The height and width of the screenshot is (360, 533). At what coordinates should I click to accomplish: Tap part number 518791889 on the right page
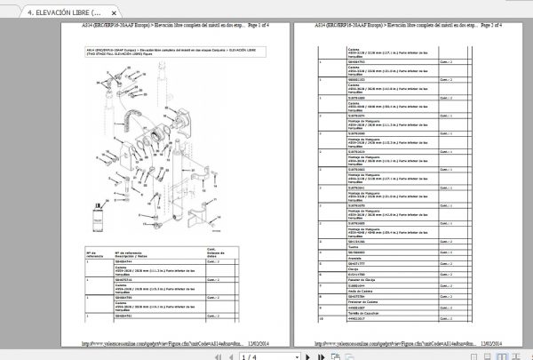click(332, 100)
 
